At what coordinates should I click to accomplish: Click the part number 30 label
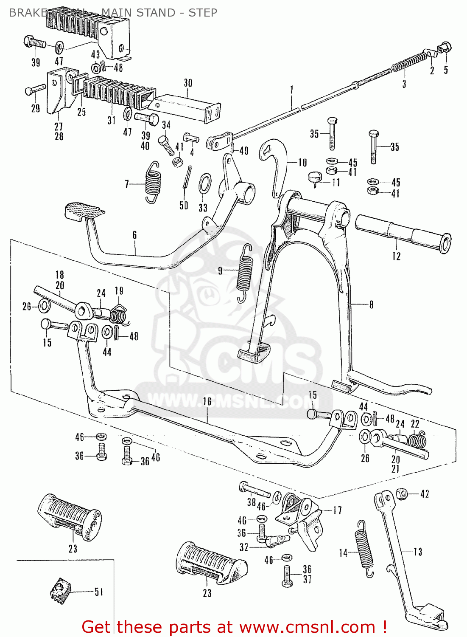[x=188, y=83]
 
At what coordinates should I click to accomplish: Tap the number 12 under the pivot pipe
[x=396, y=256]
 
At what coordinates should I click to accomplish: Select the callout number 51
[x=98, y=592]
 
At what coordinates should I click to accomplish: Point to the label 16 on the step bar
[x=207, y=401]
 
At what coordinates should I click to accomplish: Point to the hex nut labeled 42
[x=402, y=493]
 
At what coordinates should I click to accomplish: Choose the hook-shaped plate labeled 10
[x=275, y=166]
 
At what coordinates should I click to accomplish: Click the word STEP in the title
[x=203, y=13]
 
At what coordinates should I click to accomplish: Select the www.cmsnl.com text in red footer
[x=308, y=627]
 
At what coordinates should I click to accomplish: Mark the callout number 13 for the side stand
[x=418, y=552]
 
